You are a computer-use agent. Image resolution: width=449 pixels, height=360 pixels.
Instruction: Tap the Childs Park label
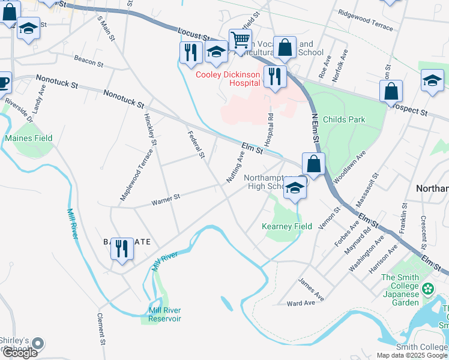343,119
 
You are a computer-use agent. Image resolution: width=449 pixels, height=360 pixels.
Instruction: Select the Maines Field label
29,138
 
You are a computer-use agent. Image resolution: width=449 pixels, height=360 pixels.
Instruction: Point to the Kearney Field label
287,226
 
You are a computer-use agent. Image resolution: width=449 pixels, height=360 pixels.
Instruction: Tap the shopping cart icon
240,40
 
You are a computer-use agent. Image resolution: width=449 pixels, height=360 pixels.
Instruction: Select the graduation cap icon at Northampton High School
295,188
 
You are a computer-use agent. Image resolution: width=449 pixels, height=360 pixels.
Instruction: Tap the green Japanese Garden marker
427,289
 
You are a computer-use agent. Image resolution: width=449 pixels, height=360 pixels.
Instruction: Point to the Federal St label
196,145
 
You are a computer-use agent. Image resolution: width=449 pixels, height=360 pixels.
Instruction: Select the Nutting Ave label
235,167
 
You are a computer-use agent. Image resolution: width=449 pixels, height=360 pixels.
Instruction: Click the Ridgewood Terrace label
365,20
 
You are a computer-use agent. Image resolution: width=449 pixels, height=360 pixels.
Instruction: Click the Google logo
20,353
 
